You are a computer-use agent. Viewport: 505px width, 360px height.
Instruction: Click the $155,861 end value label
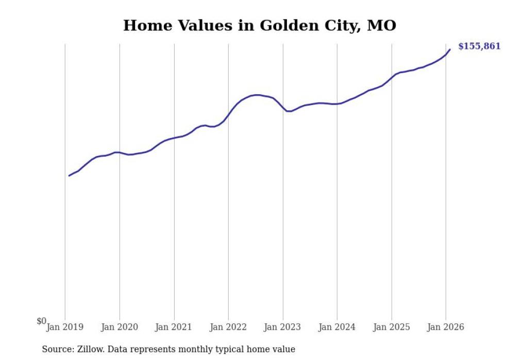[479, 46]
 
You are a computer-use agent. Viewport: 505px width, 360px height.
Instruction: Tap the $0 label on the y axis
[41, 321]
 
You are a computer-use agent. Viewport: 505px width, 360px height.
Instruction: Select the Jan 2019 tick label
[65, 327]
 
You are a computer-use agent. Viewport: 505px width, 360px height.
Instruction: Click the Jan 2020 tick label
[120, 327]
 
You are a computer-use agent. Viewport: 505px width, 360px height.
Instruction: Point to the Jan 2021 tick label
[174, 327]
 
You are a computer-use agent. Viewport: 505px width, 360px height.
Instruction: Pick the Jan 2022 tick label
[228, 327]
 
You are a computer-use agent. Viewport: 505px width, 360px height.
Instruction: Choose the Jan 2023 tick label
[283, 327]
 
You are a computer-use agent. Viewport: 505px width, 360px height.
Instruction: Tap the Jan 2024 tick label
[337, 327]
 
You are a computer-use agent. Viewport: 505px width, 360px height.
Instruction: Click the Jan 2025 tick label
[392, 327]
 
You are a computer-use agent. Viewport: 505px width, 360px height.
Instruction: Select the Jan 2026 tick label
[446, 327]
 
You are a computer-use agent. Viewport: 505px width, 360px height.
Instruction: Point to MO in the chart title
[381, 26]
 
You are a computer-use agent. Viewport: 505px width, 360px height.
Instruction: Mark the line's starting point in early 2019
[69, 176]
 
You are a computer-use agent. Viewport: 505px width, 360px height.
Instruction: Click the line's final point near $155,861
[450, 49]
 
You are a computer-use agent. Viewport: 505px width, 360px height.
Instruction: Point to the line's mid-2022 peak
[257, 95]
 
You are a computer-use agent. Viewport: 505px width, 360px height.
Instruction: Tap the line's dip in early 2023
[289, 111]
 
